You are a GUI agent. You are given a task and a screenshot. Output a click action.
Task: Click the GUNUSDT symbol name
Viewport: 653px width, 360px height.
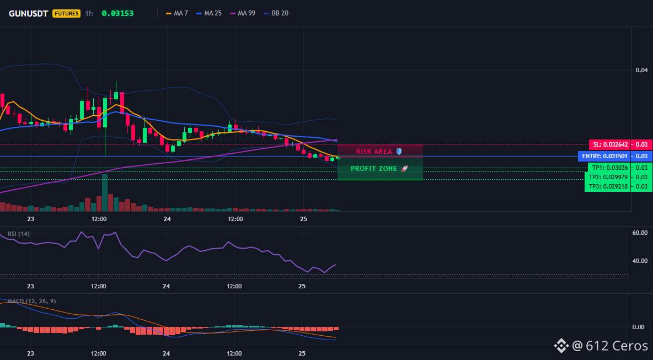pos(29,13)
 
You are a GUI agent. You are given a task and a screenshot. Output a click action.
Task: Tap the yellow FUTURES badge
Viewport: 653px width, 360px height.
pos(66,13)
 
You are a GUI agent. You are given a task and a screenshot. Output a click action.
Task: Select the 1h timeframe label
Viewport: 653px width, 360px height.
pos(89,13)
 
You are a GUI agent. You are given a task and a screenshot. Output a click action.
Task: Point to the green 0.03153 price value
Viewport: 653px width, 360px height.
pos(118,13)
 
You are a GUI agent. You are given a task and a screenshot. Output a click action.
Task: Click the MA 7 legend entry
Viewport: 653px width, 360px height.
pos(177,13)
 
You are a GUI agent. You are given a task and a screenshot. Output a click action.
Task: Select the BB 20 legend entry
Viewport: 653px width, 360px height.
pos(276,13)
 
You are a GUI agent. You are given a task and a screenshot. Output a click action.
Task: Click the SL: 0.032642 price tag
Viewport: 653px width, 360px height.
pos(609,145)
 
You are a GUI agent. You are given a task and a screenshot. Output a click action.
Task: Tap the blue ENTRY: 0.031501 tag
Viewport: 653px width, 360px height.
pos(603,157)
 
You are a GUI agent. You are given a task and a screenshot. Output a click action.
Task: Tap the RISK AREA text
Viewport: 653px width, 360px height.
pos(374,152)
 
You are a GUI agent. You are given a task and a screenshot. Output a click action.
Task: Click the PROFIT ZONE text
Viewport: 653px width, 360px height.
pos(374,169)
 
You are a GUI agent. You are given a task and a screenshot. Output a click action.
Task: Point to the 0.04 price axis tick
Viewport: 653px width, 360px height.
pos(641,70)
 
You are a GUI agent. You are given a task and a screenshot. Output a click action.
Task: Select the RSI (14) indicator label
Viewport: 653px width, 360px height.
pos(19,234)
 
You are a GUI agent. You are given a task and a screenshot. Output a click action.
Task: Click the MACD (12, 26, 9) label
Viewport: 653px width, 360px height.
pos(32,301)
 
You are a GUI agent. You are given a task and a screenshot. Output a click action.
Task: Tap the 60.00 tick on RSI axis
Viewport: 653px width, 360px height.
pos(640,233)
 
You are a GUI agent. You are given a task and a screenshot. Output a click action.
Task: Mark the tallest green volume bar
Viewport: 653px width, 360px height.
pos(105,193)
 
